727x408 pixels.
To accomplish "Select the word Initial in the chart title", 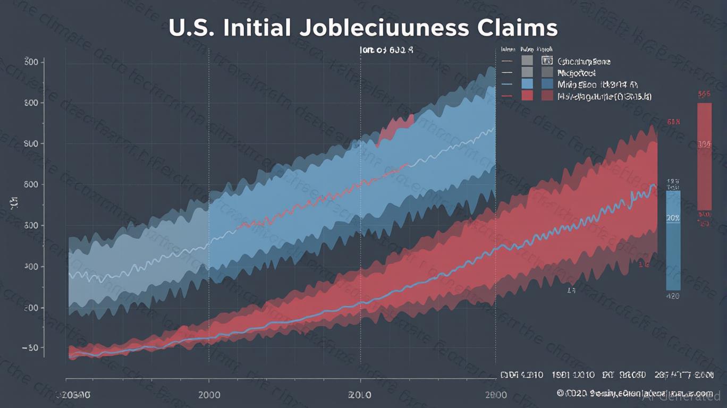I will pos(256,28).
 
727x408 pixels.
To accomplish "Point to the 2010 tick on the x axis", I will pos(360,395).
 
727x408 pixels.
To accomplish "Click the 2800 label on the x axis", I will pos(496,395).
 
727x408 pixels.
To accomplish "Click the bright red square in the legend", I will pos(527,96).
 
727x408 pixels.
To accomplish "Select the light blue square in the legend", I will pos(527,84).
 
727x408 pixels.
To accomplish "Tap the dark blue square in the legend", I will pos(547,84).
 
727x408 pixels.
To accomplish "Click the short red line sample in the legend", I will pos(506,96).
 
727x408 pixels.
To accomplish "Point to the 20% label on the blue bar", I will pos(673,218).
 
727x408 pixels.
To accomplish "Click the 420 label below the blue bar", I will pos(673,296).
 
